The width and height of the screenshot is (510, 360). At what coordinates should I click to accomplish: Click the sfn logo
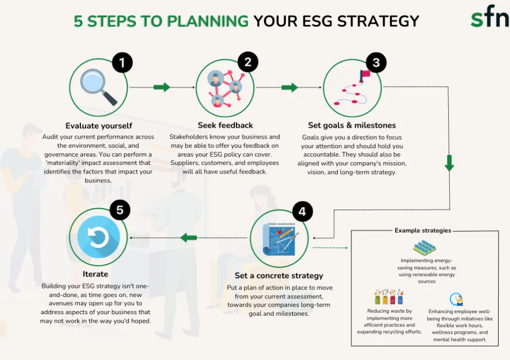point(490,16)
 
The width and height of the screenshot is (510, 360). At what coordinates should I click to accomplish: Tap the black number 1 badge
point(122,62)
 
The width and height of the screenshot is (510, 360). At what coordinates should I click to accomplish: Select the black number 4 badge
point(302,211)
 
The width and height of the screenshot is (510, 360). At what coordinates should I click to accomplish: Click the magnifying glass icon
point(98,87)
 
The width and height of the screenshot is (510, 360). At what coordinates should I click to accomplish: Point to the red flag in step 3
point(364,75)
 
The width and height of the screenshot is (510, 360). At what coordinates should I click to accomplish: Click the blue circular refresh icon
point(98,237)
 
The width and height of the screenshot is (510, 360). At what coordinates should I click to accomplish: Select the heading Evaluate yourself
point(99,126)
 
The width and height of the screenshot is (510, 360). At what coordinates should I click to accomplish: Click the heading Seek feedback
point(225,125)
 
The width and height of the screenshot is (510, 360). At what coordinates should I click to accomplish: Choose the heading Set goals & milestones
point(352,125)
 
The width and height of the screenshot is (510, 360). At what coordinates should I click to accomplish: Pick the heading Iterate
point(95,274)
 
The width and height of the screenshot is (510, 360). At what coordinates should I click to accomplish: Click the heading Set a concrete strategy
point(279,276)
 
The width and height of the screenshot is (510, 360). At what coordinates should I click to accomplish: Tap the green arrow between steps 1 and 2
point(162,87)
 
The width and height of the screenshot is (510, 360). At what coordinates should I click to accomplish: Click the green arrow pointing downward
point(449,163)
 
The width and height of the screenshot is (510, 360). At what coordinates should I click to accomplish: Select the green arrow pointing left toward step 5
point(189,238)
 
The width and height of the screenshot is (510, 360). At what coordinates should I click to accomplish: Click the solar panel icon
point(424,248)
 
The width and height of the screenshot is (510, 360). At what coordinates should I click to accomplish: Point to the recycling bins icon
point(389,296)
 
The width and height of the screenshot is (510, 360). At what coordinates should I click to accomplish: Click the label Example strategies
point(423,231)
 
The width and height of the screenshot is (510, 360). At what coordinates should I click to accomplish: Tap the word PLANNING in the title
point(208,22)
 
